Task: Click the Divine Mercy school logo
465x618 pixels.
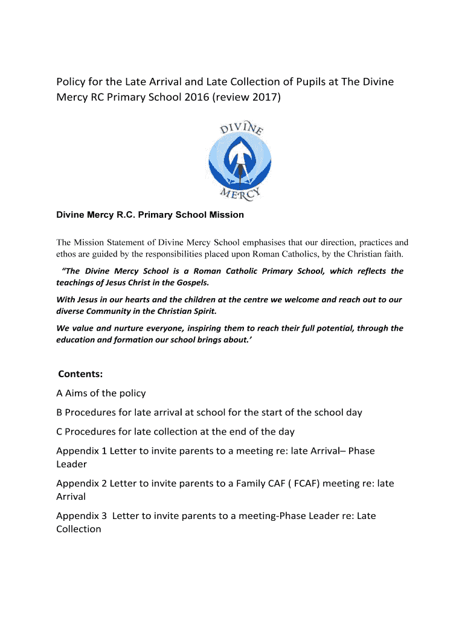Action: pyautogui.click(x=240, y=160)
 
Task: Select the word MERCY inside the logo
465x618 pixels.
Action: pyautogui.click(x=240, y=194)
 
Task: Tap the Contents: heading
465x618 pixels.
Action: pyautogui.click(x=80, y=374)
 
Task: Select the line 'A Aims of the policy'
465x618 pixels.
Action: pyautogui.click(x=101, y=393)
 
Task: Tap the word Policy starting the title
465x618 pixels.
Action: pyautogui.click(x=72, y=81)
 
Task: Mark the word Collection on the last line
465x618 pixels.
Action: pyautogui.click(x=79, y=529)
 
